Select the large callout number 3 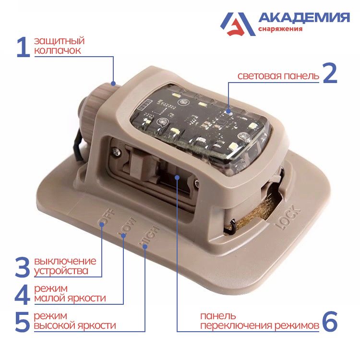click(x=23, y=266)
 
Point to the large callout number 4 click(x=23, y=294)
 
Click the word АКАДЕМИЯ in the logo click(x=304, y=18)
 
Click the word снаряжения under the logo click(x=280, y=29)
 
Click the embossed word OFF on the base click(x=103, y=216)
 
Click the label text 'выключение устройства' click(x=65, y=266)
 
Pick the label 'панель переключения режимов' click(x=260, y=321)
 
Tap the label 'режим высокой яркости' click(x=74, y=321)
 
